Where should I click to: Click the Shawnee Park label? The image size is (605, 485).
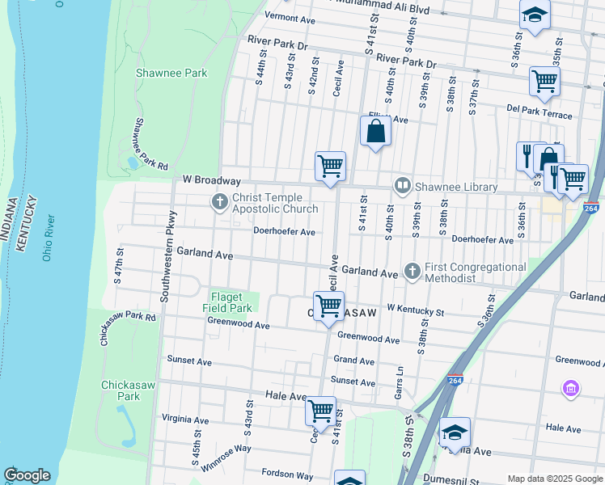[171, 73]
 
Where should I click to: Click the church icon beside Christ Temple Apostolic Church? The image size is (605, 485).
[218, 202]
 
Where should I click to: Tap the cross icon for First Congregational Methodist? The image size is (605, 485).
[412, 271]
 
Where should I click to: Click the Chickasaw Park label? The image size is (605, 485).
[121, 390]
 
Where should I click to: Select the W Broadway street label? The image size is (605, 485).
[211, 180]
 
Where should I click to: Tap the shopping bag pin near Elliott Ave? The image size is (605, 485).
[376, 131]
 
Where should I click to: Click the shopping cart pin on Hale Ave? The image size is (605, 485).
[320, 411]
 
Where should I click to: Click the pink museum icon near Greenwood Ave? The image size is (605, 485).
[571, 390]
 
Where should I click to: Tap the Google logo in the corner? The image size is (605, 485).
[27, 475]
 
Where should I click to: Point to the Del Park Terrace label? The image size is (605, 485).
[539, 112]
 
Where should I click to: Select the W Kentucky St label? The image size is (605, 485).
[415, 310]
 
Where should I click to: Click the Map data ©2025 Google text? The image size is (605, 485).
[554, 479]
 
